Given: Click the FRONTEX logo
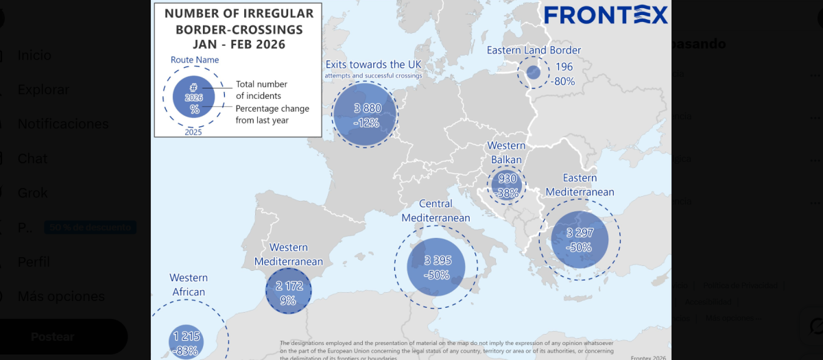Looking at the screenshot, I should tap(606, 15).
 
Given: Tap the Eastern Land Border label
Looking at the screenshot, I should tap(534, 50).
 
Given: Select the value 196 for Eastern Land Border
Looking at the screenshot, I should tap(564, 67).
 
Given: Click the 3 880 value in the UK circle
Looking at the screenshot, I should tap(368, 108).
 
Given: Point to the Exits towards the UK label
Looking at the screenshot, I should tap(373, 64).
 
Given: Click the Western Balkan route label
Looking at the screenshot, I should tap(506, 152).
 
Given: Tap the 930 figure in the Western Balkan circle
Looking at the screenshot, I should tap(508, 179).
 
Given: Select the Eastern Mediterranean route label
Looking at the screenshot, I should tap(580, 185).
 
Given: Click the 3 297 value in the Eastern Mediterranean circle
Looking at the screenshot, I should tap(580, 233).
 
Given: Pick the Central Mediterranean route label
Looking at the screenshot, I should tap(436, 211).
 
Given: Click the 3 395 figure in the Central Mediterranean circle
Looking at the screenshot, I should tap(437, 261).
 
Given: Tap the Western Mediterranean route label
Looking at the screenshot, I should tap(288, 254).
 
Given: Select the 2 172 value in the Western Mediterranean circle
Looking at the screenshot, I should tap(289, 286).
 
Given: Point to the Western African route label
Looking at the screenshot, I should tap(189, 285).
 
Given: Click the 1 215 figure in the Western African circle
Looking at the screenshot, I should tap(187, 336).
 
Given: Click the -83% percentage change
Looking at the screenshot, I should tap(186, 350).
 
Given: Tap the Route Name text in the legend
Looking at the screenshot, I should tap(194, 60).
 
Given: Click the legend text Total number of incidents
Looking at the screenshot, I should tap(258, 90).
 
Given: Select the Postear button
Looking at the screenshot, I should tap(52, 337).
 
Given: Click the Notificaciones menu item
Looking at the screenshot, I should tap(63, 124).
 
